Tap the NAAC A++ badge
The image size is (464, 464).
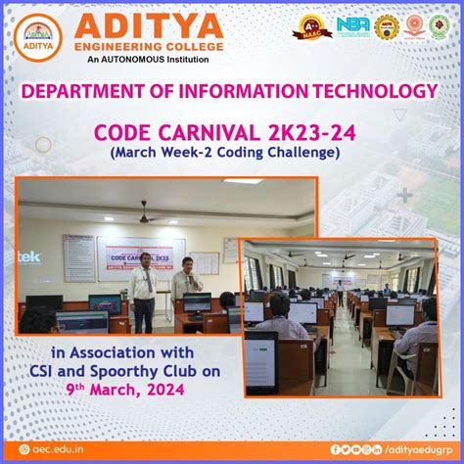coord(313,26)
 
